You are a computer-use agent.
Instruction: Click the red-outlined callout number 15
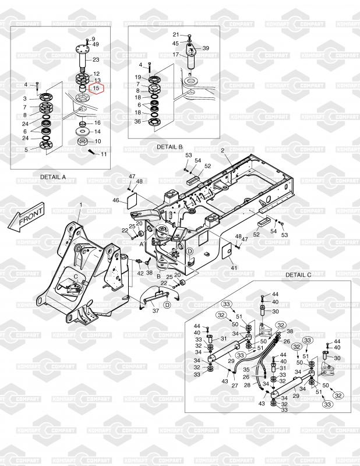[96, 89]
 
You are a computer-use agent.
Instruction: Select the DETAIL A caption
[53, 177]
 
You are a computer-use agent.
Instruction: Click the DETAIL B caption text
[170, 147]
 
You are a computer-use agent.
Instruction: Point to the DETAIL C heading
[298, 275]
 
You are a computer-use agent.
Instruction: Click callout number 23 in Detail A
[96, 60]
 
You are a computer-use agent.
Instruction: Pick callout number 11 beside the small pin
[104, 154]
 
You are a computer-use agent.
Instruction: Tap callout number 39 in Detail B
[206, 48]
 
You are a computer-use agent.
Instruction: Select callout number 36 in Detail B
[137, 122]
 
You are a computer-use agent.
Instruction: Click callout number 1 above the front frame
[81, 205]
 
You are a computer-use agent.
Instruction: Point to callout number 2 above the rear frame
[223, 151]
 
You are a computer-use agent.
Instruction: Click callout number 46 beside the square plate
[116, 200]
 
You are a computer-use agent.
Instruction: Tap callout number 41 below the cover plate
[234, 268]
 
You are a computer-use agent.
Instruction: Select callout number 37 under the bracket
[156, 311]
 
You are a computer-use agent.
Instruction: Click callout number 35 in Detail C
[246, 370]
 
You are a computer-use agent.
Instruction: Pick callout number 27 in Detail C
[235, 386]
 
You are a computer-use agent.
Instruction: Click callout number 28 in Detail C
[248, 385]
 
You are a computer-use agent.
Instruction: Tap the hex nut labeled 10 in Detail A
[82, 142]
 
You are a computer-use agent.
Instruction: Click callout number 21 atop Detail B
[176, 35]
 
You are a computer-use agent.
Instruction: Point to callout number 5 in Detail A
[26, 150]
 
